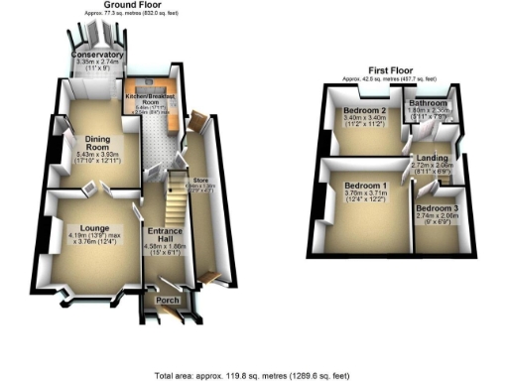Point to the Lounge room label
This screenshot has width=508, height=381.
93,227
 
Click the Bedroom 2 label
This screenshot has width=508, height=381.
363,111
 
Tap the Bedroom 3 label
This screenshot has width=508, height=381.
438,205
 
